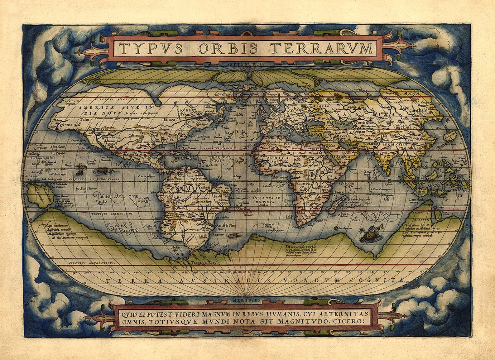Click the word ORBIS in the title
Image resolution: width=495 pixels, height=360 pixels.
coord(228,49)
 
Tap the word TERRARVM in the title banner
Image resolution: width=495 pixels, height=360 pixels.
coord(321,49)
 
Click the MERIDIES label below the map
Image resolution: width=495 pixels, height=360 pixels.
coord(246,300)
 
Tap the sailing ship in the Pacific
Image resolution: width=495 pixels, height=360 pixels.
coord(80,169)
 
